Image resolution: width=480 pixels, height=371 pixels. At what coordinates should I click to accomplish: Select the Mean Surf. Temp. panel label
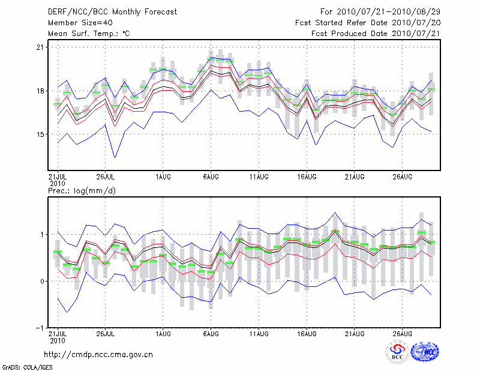tap(89, 34)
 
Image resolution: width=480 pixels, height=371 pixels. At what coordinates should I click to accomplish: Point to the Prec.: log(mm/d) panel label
tap(82, 190)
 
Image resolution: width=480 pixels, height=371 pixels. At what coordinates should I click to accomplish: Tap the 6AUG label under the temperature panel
tap(211, 176)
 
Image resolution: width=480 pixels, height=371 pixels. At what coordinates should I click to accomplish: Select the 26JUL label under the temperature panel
tap(106, 176)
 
